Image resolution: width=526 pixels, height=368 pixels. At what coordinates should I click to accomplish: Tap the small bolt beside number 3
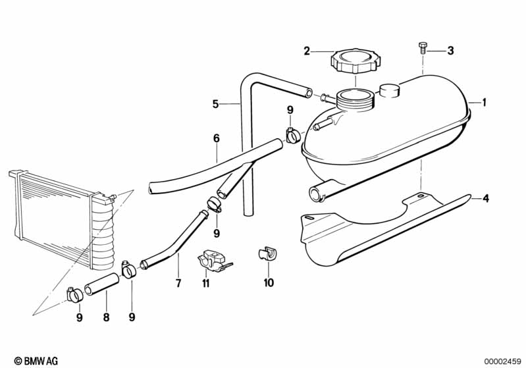pyautogui.click(x=423, y=49)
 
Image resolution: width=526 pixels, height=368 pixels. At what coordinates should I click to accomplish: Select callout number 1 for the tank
pyautogui.click(x=484, y=102)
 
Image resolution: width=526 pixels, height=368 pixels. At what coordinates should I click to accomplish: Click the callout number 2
pyautogui.click(x=307, y=51)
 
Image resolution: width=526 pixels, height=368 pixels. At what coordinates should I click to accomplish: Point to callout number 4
pyautogui.click(x=486, y=199)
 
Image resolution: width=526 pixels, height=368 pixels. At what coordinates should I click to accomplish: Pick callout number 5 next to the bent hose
pyautogui.click(x=215, y=104)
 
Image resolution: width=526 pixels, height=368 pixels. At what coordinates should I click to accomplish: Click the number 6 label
pyautogui.click(x=217, y=138)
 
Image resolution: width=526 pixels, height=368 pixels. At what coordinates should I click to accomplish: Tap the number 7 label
pyautogui.click(x=178, y=283)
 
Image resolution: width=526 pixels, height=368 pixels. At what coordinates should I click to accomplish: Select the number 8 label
pyautogui.click(x=106, y=317)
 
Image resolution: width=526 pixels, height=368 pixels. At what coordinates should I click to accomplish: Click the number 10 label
pyautogui.click(x=269, y=283)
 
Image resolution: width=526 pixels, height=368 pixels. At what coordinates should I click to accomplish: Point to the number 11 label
pyautogui.click(x=205, y=284)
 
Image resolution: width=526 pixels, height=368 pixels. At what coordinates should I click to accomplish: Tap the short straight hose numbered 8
pyautogui.click(x=101, y=284)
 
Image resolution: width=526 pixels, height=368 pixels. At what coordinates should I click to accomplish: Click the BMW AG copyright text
pyautogui.click(x=36, y=361)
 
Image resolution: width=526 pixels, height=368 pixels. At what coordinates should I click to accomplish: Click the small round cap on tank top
pyautogui.click(x=390, y=91)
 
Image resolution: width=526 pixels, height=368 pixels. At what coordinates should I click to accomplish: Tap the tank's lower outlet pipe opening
pyautogui.click(x=315, y=195)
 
